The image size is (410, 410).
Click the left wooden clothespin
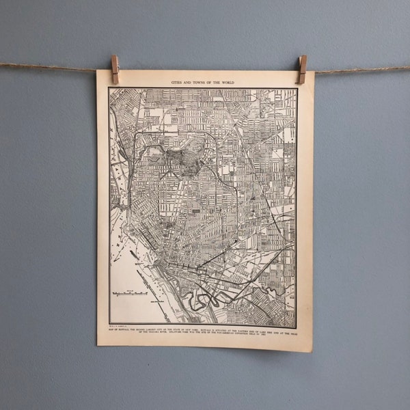coord(115,69)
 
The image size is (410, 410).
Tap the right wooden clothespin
coord(302,69)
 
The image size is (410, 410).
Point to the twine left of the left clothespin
coord(55,66)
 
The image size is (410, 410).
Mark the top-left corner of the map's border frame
coord(109,88)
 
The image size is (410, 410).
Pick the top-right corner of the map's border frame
coord(297,88)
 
